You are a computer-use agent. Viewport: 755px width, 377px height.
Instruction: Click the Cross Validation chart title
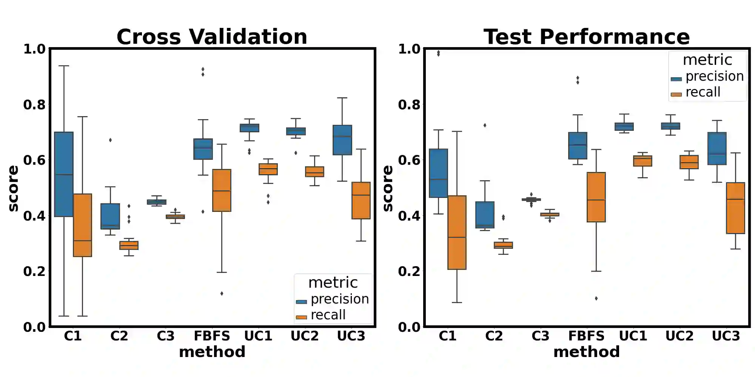[212, 37]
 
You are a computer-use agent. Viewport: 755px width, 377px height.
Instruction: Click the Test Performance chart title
[587, 37]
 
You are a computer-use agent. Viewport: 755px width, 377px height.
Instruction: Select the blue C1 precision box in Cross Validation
[64, 174]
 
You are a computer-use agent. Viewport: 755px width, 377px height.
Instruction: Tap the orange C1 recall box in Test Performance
[457, 232]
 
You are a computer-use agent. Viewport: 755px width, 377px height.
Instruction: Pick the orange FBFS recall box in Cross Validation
[222, 190]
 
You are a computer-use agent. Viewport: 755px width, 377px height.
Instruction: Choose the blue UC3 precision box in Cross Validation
[342, 140]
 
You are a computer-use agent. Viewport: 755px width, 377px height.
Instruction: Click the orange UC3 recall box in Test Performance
[735, 208]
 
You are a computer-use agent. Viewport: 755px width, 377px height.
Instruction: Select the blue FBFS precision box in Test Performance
[578, 146]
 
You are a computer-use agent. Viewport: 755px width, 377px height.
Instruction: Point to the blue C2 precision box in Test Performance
[485, 215]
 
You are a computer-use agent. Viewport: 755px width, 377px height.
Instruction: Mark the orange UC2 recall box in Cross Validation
[314, 172]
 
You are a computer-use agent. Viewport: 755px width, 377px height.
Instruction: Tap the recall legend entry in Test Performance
[703, 92]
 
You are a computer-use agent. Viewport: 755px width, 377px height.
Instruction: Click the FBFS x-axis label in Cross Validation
[212, 336]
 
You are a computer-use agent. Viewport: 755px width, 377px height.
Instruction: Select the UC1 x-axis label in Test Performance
[633, 336]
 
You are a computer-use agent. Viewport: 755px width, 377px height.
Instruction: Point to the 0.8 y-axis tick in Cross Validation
[34, 104]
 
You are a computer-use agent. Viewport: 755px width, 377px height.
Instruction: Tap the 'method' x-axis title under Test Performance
[586, 352]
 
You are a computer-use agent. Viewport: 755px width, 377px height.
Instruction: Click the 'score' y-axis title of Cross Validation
[13, 188]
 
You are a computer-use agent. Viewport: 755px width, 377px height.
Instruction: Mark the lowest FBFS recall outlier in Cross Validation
[222, 293]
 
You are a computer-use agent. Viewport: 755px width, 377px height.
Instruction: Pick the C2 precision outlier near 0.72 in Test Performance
[485, 125]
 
